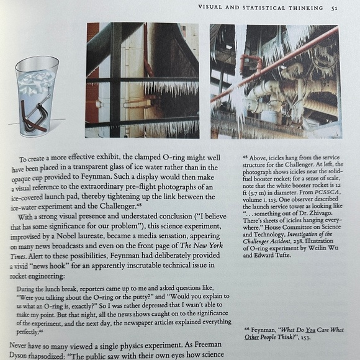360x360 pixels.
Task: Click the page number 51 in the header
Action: tap(335, 8)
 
